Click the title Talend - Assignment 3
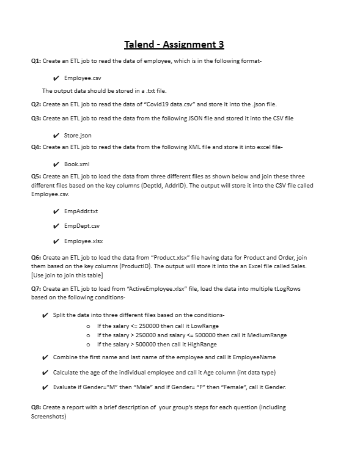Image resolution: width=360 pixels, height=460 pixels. [174, 44]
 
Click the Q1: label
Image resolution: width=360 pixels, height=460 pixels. [37, 62]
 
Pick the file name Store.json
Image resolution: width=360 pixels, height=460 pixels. [78, 135]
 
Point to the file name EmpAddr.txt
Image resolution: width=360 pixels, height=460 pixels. [80, 212]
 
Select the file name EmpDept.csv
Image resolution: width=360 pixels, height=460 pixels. [81, 226]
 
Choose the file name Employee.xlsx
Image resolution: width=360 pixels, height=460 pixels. [83, 241]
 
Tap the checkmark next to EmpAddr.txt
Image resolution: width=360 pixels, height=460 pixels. [56, 212]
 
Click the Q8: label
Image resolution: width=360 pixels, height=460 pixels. [37, 407]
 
